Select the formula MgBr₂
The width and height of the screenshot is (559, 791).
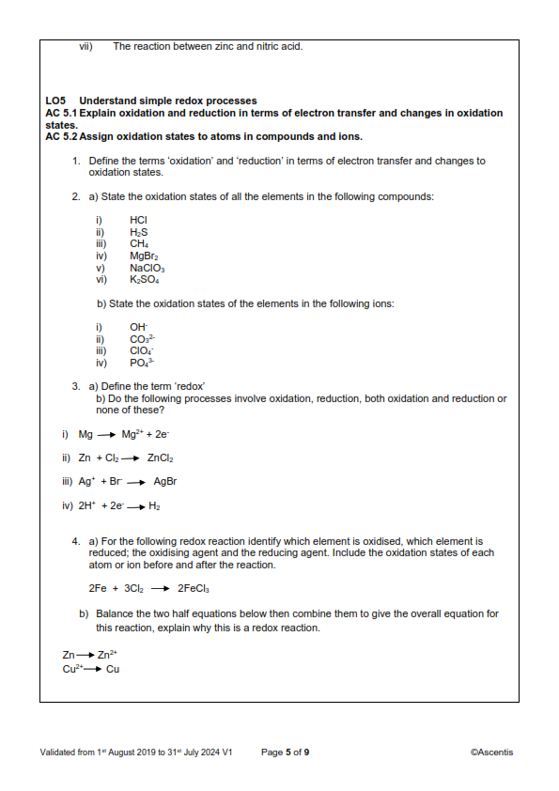click(142, 255)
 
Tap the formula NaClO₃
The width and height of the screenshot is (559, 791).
click(146, 267)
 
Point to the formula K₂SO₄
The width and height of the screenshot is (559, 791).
click(145, 279)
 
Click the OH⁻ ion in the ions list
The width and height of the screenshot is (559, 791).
click(139, 327)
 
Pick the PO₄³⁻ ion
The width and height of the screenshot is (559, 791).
click(142, 363)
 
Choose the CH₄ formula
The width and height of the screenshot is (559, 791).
click(139, 243)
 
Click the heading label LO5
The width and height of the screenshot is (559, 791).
click(55, 101)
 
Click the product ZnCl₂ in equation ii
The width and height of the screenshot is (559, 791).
click(161, 458)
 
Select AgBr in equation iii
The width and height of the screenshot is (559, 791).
click(165, 482)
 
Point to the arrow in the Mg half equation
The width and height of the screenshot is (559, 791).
click(100, 434)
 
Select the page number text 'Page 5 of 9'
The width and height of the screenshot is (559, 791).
click(285, 752)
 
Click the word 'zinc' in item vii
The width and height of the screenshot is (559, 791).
click(229, 45)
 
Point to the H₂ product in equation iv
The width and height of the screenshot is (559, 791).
click(155, 506)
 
